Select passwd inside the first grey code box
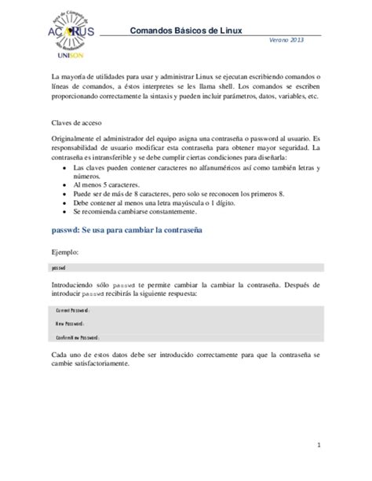tap(58, 268)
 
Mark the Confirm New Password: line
tap(77, 337)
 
